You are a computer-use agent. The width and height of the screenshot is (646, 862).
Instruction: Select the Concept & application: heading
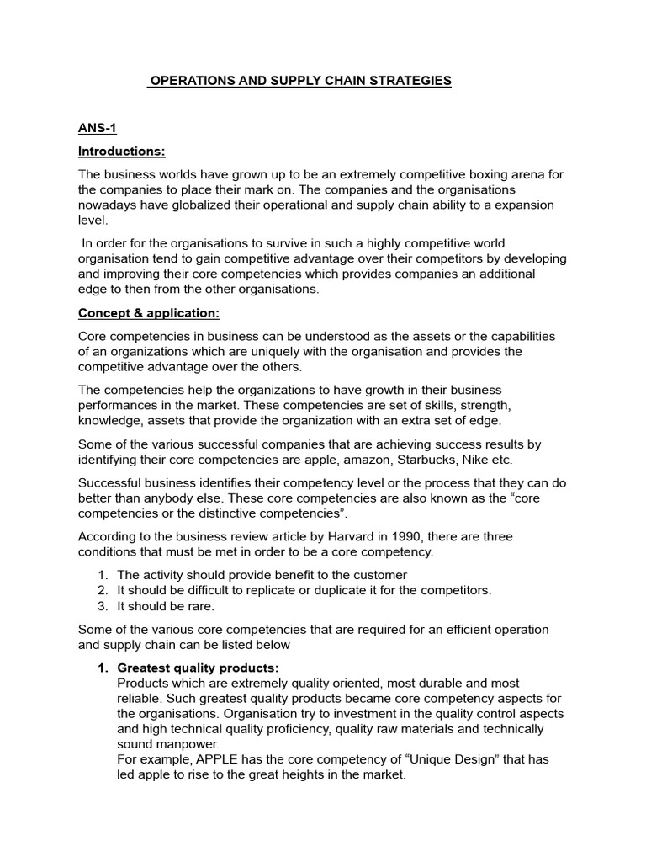pos(148,313)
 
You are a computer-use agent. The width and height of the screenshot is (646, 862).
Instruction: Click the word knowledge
pos(106,420)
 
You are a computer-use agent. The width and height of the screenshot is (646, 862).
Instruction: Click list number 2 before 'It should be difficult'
pos(103,590)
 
